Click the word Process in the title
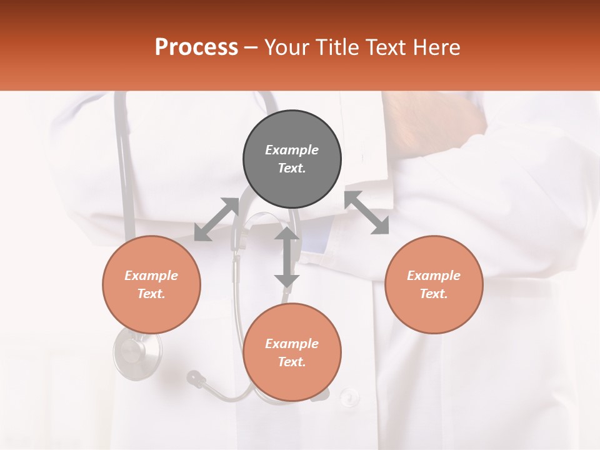[x=196, y=47]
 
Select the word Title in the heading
[x=336, y=47]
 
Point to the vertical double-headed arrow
[x=287, y=257]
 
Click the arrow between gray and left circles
[x=216, y=219]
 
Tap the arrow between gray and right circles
[x=367, y=212]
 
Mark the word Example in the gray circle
[x=292, y=150]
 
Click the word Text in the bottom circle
[x=291, y=362]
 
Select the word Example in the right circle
[x=434, y=276]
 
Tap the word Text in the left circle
[x=151, y=294]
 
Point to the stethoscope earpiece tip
[x=195, y=377]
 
